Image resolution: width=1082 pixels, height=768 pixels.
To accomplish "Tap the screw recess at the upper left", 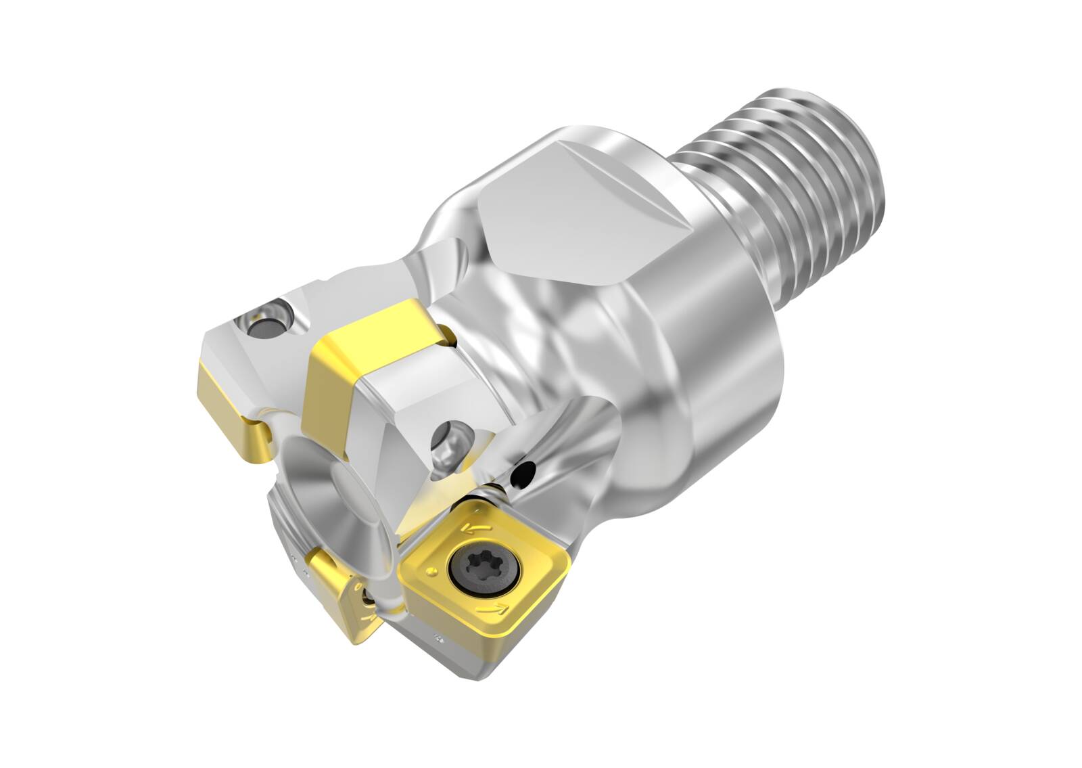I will pyautogui.click(x=265, y=323).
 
